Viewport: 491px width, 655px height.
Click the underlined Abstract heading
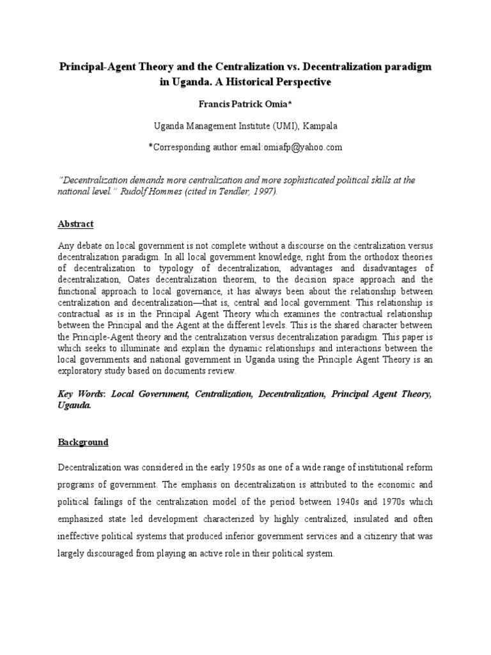point(76,224)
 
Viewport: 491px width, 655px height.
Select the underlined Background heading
point(83,442)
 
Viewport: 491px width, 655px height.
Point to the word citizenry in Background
point(373,535)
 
